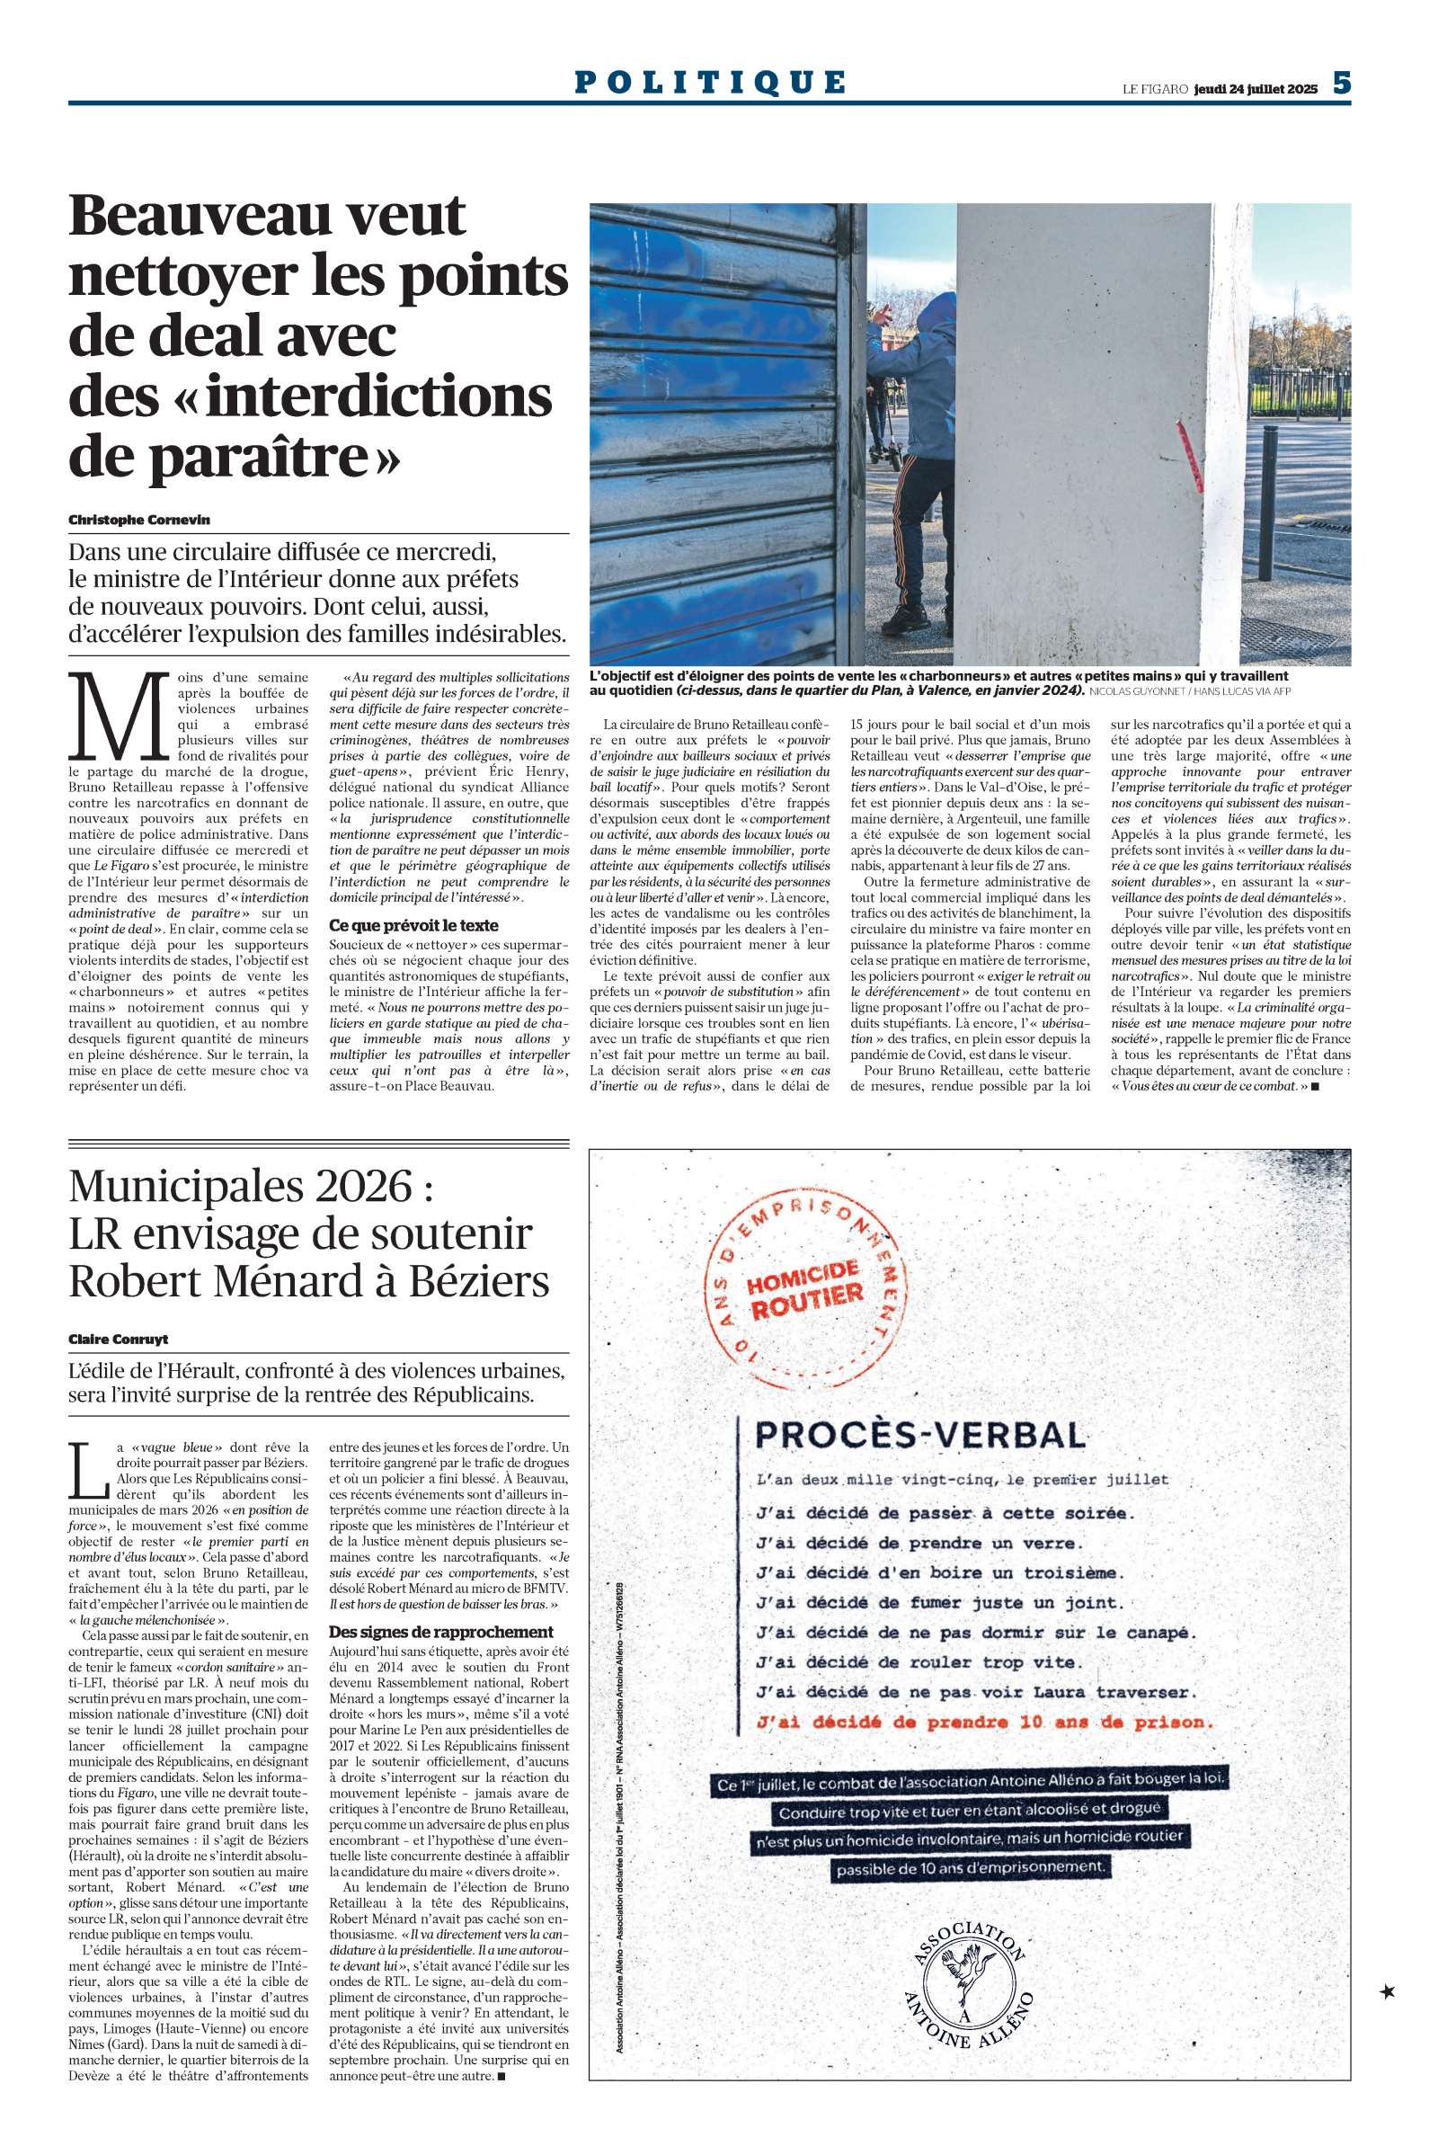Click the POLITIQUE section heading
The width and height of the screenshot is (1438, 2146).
click(710, 83)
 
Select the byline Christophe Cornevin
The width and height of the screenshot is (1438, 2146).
click(139, 520)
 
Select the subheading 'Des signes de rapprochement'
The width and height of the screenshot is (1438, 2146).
click(441, 1632)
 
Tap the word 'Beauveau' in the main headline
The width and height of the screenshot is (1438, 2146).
click(267, 217)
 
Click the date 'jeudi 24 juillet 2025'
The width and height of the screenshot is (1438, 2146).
click(1256, 89)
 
